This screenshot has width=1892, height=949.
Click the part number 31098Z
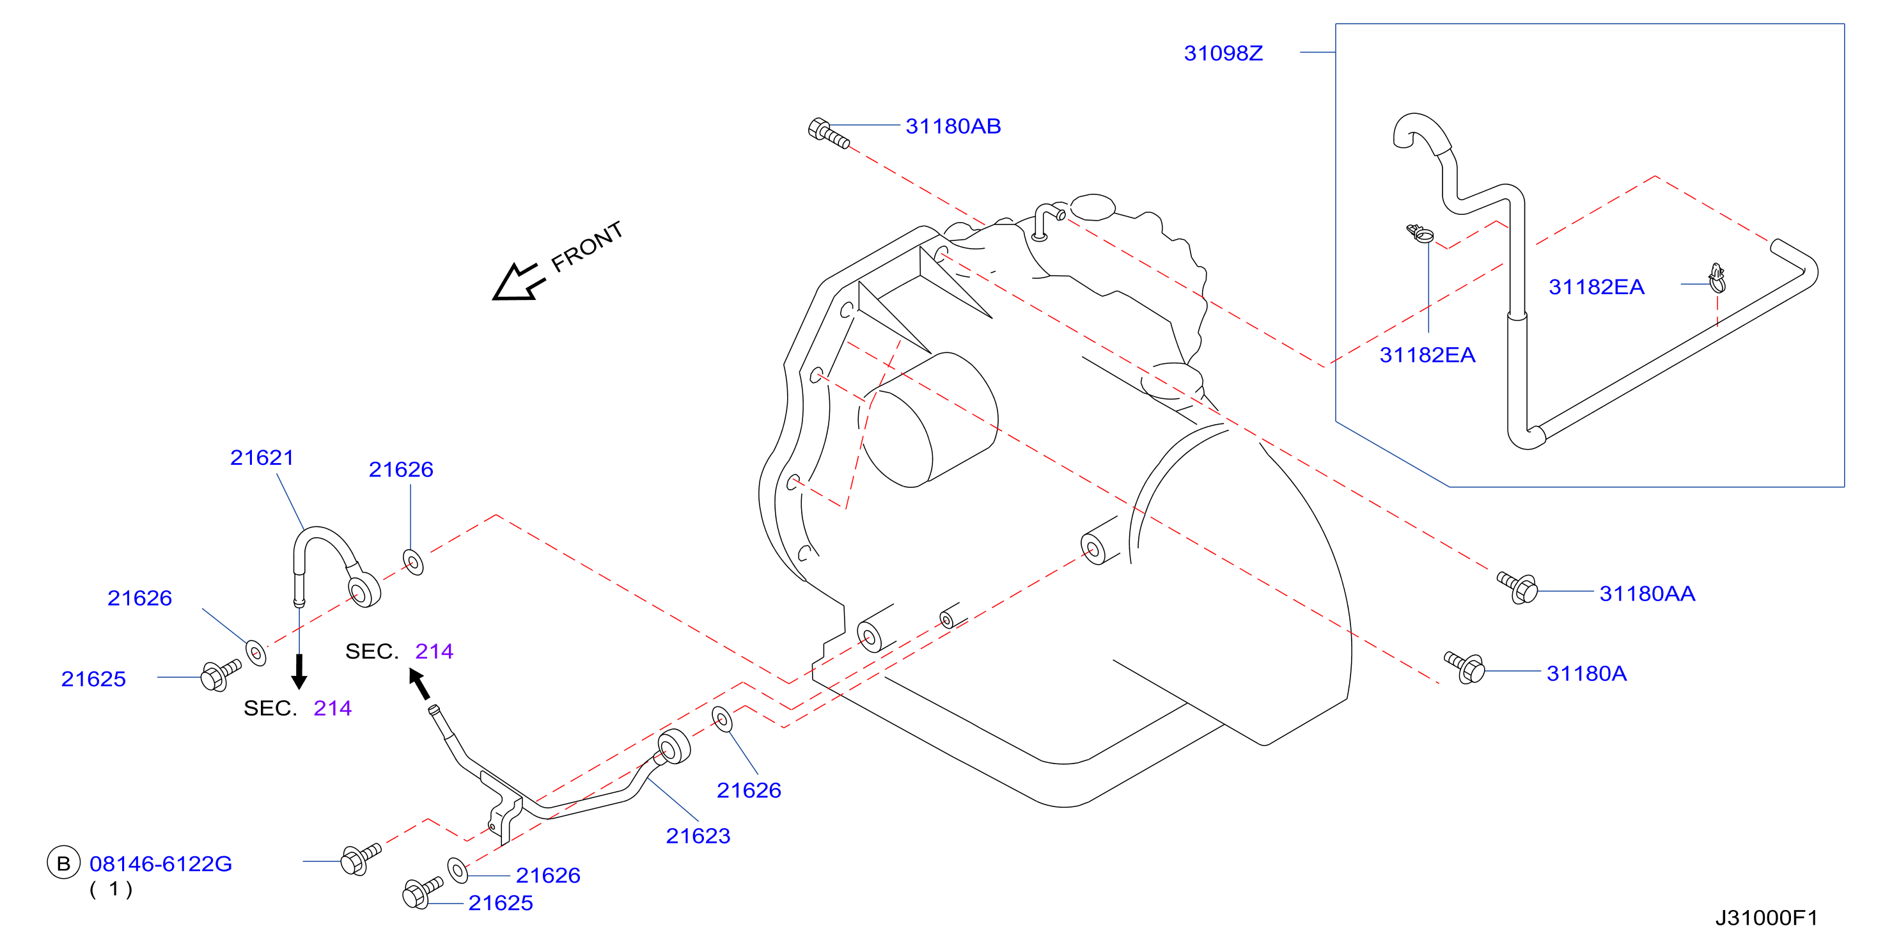1223,53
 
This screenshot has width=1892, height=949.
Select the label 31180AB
953,127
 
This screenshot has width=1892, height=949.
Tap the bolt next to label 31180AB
829,134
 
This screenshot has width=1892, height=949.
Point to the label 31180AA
1646,593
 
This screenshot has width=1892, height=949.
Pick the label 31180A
1586,673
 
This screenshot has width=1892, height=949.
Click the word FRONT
587,246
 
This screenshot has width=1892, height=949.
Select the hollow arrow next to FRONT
519,282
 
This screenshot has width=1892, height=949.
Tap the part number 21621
262,458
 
